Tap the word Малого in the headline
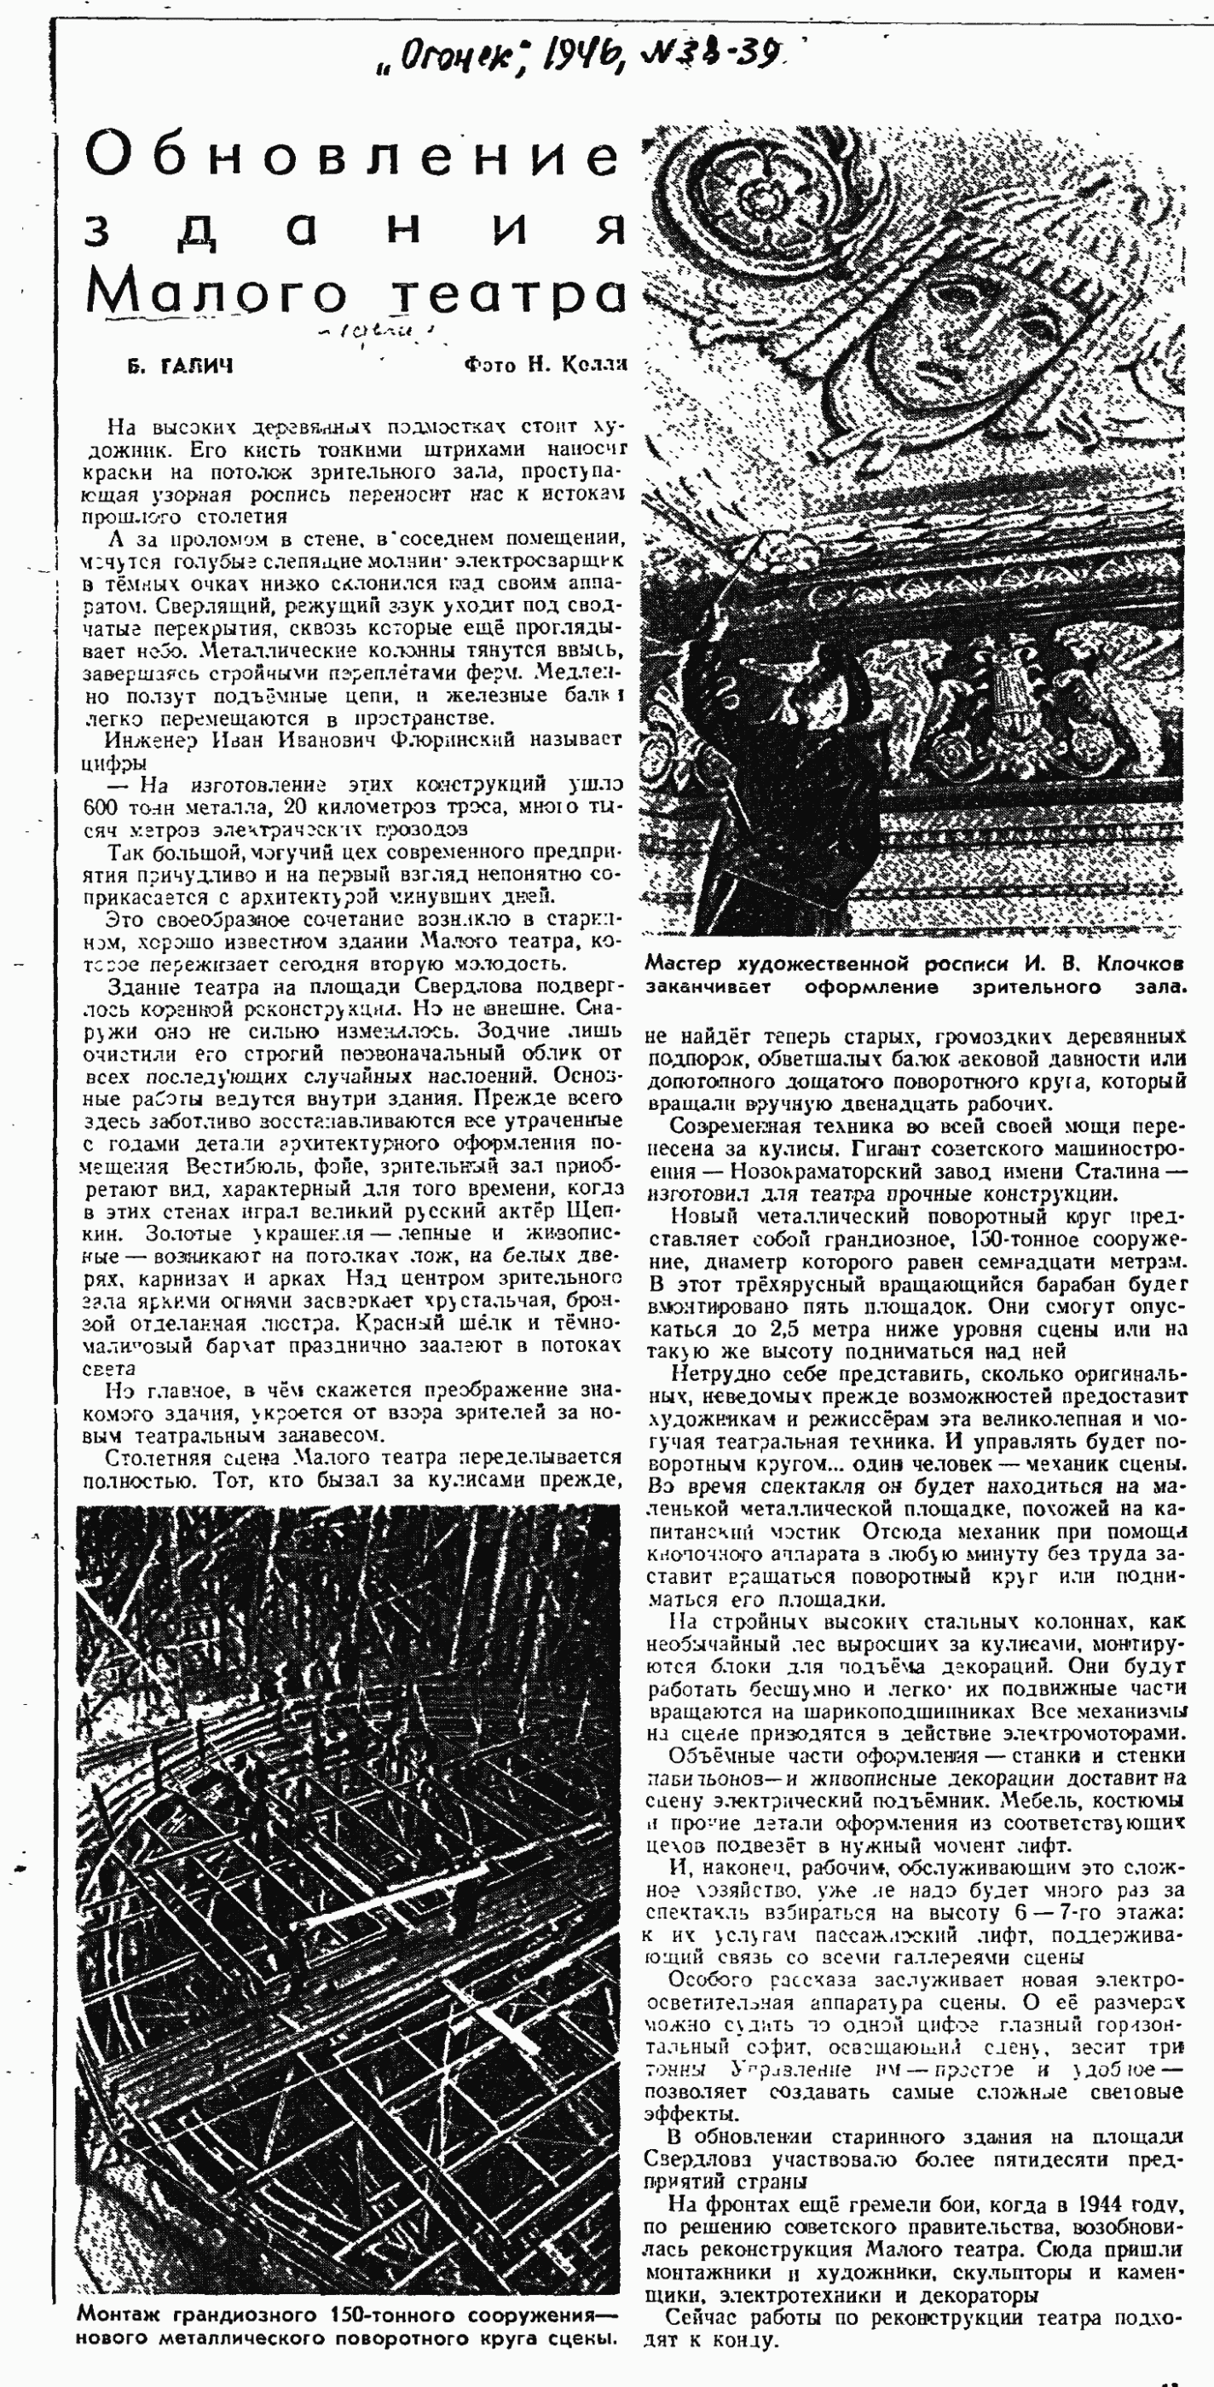coord(216,292)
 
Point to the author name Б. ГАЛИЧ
coord(182,366)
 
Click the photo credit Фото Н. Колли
coord(545,365)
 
